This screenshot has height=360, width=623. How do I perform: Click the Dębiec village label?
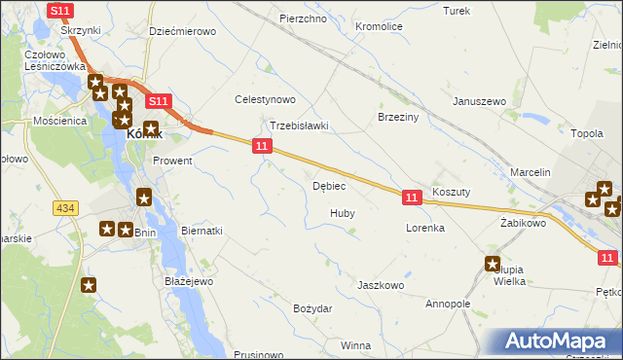[x=330, y=186]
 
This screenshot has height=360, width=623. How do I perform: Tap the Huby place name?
[x=342, y=212]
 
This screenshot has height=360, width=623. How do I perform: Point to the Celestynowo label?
[x=265, y=99]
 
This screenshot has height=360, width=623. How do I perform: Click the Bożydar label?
[x=312, y=308]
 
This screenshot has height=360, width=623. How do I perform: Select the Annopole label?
[x=448, y=304]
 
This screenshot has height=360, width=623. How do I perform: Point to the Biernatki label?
[x=202, y=231]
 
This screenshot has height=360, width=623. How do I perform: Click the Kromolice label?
[x=380, y=26]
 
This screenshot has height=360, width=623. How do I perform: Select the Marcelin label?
[x=531, y=172]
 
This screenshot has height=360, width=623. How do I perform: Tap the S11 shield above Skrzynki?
[x=60, y=10]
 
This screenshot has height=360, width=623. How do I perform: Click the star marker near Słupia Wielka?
[x=493, y=263]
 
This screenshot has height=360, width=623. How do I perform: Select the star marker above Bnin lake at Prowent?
[x=144, y=198]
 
